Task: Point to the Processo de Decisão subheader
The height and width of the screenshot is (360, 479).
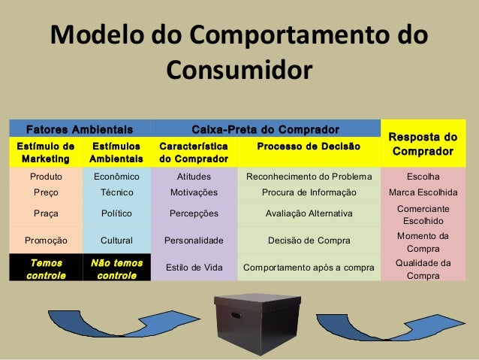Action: tap(309, 146)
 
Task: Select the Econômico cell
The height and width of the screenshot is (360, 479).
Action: tap(116, 177)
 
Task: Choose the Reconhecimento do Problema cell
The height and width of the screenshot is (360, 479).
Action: tap(309, 177)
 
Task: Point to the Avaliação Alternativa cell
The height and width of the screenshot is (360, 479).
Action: tap(309, 213)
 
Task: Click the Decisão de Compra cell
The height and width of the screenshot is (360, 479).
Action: tap(309, 241)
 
